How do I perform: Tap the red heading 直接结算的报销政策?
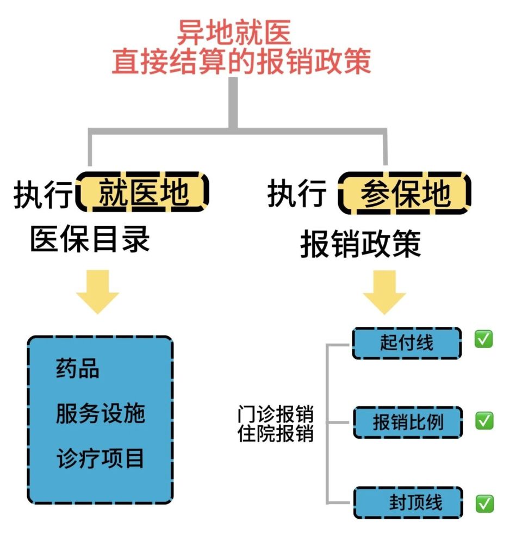pos(241,61)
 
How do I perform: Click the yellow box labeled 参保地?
pos(405,193)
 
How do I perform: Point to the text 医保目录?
pos(90,239)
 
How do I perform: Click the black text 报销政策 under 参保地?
pos(361,245)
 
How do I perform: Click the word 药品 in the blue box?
pos(78,369)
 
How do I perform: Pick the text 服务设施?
pos(101,413)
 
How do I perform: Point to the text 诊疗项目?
pos(101,458)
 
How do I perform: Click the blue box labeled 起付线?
pos(407,343)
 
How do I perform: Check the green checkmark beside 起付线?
pos(483,339)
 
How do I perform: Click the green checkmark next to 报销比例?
pos(484,420)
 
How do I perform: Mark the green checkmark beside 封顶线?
pos(484,504)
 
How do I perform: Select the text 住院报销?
pos(276,434)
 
